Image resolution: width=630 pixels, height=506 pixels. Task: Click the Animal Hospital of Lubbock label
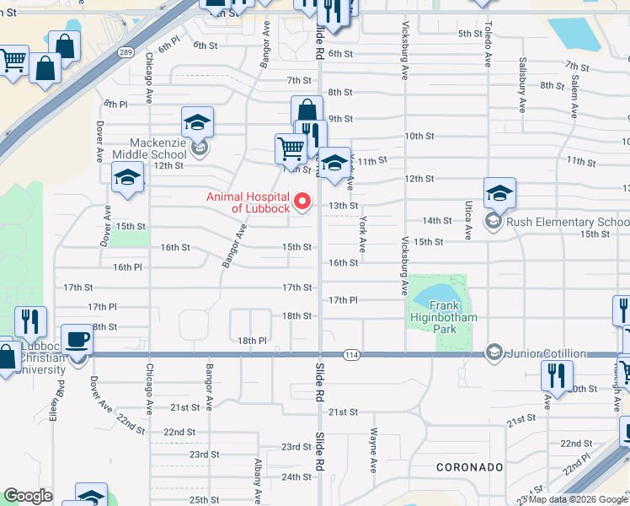[x=248, y=202]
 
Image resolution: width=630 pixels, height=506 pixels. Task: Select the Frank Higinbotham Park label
[x=443, y=317]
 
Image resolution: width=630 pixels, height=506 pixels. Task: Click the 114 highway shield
[x=352, y=355]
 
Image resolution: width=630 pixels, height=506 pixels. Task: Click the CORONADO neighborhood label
[x=470, y=466]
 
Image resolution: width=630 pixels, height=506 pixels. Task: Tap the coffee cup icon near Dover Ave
[x=78, y=339]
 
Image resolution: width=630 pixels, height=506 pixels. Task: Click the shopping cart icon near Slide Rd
[x=291, y=148]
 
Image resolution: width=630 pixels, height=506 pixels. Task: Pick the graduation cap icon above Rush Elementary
[x=499, y=193]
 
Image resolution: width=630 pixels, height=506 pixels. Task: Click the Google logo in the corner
[x=28, y=497]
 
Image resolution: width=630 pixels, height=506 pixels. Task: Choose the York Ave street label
[x=362, y=234]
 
